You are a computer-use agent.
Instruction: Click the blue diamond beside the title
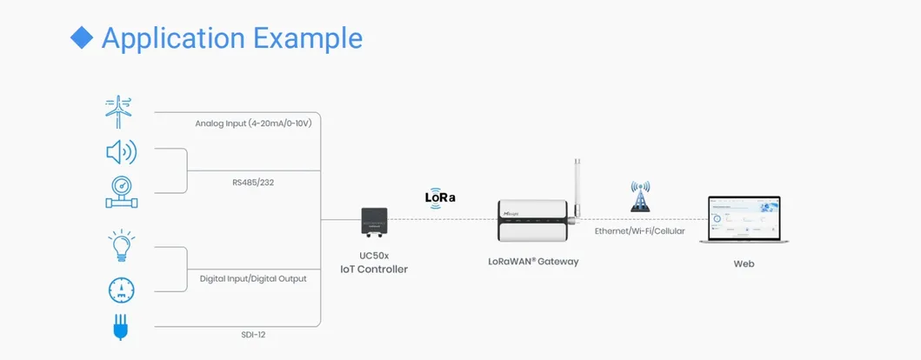pos(81,37)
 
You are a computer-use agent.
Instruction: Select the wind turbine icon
pos(119,112)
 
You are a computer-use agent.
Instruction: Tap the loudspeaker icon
pos(120,154)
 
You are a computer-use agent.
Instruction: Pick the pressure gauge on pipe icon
pos(118,192)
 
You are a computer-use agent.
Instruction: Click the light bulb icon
pos(120,245)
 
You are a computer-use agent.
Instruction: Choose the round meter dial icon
pos(120,290)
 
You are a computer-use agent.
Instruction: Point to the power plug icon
pos(120,329)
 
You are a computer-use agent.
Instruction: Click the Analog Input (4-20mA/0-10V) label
pos(253,123)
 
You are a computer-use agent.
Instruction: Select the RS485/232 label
pos(253,183)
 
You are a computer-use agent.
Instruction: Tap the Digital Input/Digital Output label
pos(253,279)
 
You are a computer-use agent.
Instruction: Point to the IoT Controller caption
pos(374,270)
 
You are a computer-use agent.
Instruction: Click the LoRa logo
pos(440,197)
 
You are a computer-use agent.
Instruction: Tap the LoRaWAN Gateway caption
pos(534,261)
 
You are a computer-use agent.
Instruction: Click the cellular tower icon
pos(640,197)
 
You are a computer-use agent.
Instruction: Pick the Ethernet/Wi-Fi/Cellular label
pos(639,232)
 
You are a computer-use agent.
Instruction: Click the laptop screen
pos(744,218)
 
